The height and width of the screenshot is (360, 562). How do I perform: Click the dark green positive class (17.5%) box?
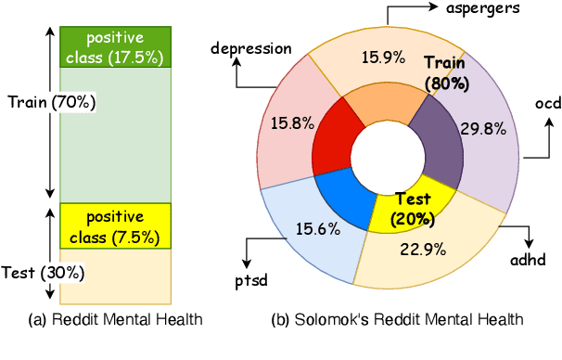tap(114, 48)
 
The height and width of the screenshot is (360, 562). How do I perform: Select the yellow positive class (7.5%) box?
tap(114, 225)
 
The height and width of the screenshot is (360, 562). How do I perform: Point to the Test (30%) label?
tap(32, 273)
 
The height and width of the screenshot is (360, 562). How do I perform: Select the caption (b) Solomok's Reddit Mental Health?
tap(397, 320)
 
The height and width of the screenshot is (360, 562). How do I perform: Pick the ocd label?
tap(547, 103)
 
